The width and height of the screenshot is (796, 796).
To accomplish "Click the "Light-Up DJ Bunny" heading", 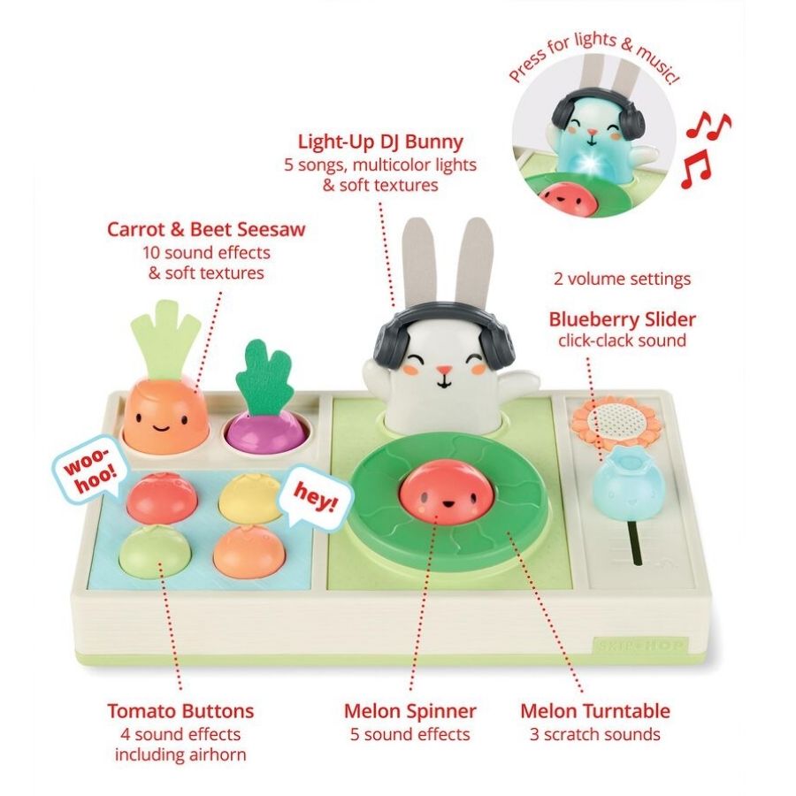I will point(380,142).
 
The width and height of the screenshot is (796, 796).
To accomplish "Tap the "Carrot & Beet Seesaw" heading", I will point(206,230).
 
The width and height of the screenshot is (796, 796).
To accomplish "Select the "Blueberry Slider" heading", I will point(622,319).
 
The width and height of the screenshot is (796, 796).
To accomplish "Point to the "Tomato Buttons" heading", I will point(180,711).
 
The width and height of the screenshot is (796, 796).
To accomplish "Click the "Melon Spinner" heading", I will point(410,711).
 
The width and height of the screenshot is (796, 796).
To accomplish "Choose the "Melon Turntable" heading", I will point(594,711).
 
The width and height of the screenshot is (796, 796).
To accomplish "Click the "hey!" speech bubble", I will point(315,501).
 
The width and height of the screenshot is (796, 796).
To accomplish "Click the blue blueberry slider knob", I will point(624,480).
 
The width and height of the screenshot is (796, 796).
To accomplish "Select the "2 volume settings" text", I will point(622,279).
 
